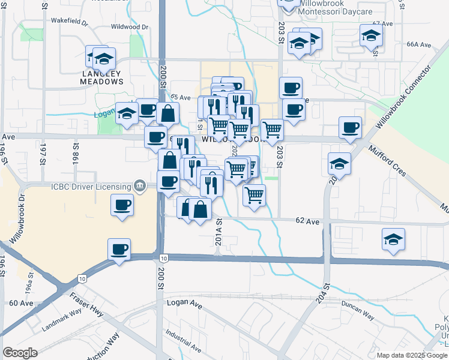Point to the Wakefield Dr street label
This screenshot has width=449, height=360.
(70, 20)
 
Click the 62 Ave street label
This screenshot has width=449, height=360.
(307, 221)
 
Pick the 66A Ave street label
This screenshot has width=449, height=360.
(419, 44)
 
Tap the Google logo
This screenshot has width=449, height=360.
(20, 353)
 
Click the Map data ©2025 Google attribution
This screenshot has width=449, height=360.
(411, 355)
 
